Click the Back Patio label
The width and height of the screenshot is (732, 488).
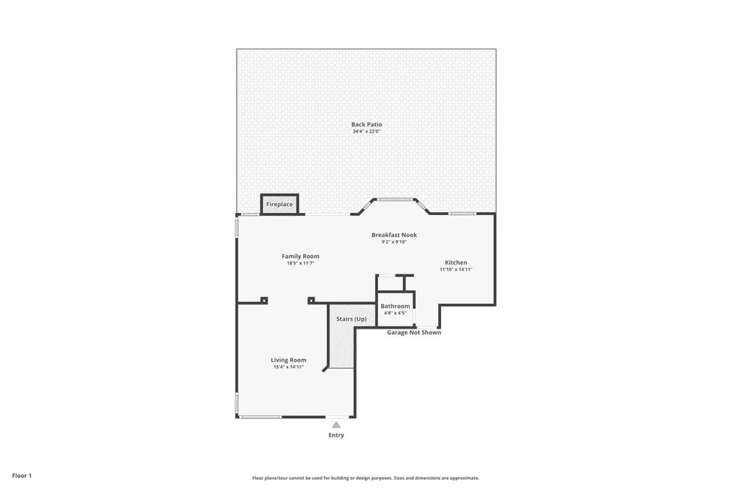click(366, 124)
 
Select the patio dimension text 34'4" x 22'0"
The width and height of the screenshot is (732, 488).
click(366, 131)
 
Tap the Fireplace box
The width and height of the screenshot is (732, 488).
click(280, 204)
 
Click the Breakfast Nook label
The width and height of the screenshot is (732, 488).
click(394, 235)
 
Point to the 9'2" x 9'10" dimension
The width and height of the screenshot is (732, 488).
click(394, 242)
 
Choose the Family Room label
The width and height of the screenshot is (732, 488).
click(300, 256)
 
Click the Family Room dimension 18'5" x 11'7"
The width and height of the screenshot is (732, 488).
click(300, 263)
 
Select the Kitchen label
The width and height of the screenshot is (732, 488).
click(456, 262)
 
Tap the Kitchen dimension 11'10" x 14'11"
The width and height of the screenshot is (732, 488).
click(456, 269)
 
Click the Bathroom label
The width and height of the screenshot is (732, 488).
click(395, 306)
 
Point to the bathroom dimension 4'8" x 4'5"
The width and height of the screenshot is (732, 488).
click(395, 313)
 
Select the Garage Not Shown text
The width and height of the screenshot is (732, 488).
click(414, 332)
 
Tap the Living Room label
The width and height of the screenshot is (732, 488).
click(289, 360)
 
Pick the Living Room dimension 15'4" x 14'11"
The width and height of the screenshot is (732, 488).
click(289, 367)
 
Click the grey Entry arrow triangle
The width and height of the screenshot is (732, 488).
click(336, 425)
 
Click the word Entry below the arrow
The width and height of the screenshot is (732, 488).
click(336, 435)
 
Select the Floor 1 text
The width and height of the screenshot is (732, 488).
click(22, 475)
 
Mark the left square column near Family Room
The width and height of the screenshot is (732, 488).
click(264, 300)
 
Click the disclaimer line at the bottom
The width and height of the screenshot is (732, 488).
click(365, 478)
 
